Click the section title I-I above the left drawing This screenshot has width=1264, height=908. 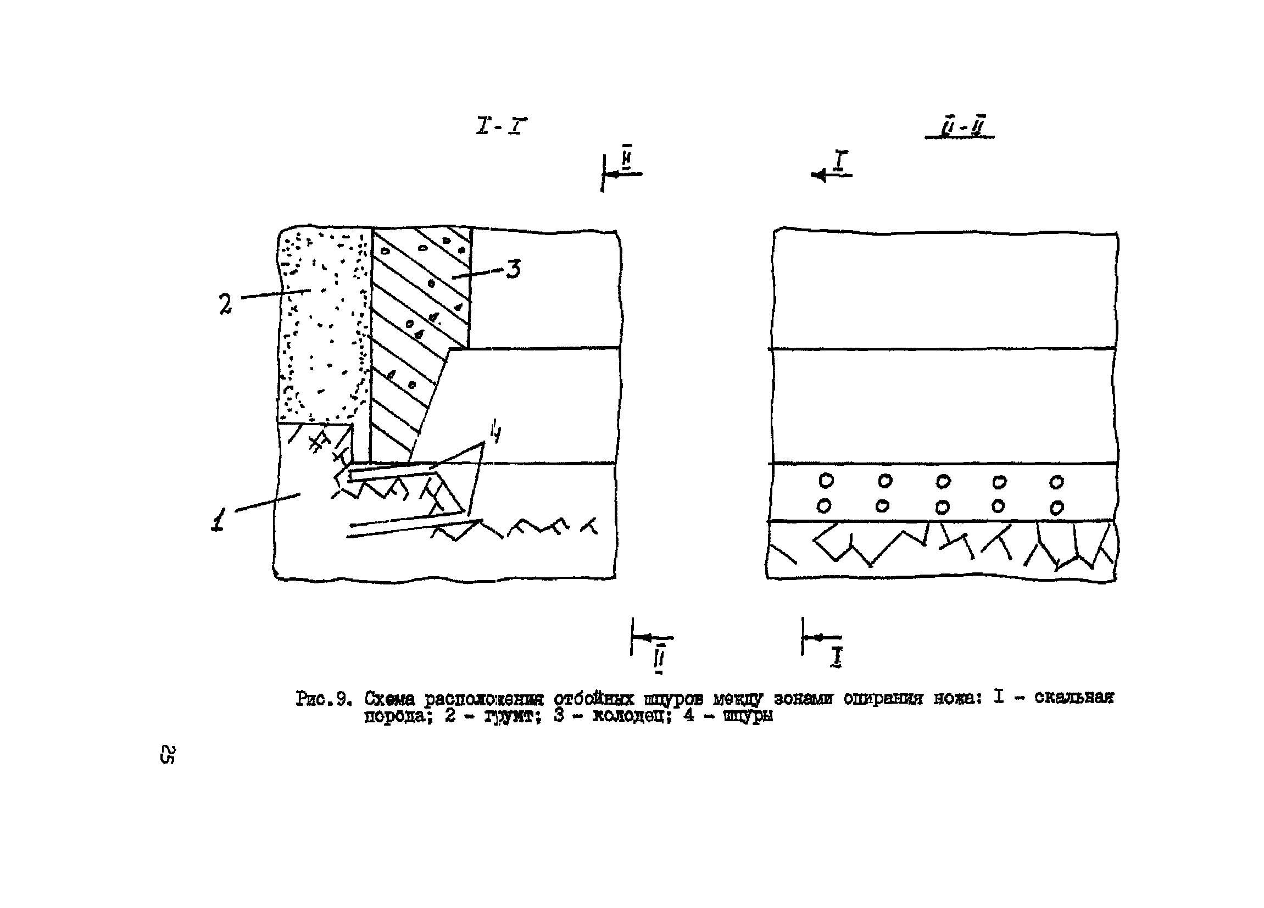tap(501, 126)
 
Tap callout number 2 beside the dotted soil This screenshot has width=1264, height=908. tap(225, 304)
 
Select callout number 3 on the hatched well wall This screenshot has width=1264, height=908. tap(513, 269)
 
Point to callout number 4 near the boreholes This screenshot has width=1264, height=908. tap(495, 432)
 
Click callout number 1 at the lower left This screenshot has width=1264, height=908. tap(219, 520)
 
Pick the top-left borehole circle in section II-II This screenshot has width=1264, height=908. tap(826, 481)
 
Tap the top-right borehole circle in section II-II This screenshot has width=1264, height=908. tap(1056, 482)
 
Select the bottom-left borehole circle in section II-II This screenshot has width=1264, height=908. tap(824, 506)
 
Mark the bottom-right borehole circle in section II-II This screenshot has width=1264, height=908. tap(1056, 508)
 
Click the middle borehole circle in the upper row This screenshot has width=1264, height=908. tap(943, 481)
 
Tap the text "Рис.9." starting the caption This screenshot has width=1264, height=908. tap(323, 698)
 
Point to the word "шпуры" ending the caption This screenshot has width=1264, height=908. tap(748, 716)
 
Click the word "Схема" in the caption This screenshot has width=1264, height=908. tap(389, 698)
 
